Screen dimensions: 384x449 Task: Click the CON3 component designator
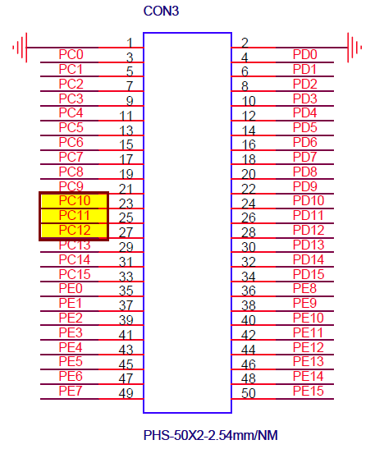click(161, 11)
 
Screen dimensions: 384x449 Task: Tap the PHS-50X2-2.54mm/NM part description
click(211, 435)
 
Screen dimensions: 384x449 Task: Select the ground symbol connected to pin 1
click(20, 48)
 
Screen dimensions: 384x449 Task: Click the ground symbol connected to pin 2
click(354, 48)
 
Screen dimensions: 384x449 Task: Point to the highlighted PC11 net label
click(75, 215)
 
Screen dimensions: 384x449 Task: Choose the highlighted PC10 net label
click(75, 200)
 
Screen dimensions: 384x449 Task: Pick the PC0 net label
click(71, 54)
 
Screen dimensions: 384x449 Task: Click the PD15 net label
click(309, 274)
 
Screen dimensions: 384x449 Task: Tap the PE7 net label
click(71, 391)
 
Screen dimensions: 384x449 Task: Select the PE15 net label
click(309, 391)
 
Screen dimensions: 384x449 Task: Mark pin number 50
click(249, 393)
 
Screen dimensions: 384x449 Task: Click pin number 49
click(126, 393)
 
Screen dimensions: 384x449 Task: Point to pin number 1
click(130, 43)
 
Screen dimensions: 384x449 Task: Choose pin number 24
click(249, 204)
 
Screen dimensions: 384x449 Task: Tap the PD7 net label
click(304, 157)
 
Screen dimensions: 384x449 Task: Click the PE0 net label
click(71, 288)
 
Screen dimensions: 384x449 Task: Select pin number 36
click(249, 291)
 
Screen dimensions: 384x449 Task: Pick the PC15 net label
click(75, 274)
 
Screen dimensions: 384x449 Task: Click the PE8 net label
click(304, 288)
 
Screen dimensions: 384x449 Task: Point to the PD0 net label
click(305, 54)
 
